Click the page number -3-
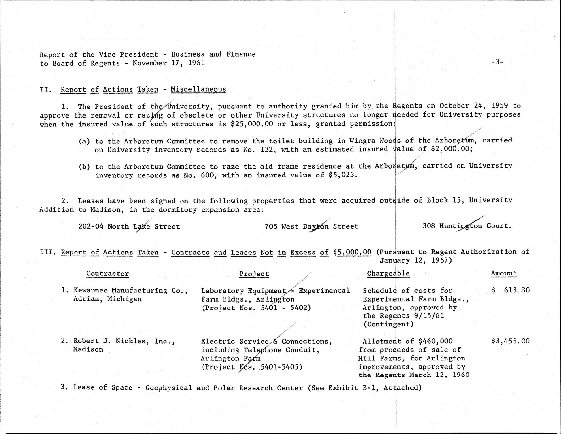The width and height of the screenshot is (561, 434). click(497, 62)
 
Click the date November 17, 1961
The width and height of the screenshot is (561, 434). click(169, 63)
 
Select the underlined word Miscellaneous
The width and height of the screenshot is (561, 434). click(198, 89)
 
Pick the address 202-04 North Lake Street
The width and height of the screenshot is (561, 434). click(129, 226)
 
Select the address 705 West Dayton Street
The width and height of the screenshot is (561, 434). click(311, 226)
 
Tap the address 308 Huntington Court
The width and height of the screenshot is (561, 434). click(467, 226)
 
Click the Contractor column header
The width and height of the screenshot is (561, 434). click(108, 274)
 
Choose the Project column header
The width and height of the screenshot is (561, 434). click(254, 274)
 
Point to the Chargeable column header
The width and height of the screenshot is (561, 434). click(388, 273)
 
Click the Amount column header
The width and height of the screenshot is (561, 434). click(503, 273)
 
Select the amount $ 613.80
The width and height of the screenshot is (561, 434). click(510, 290)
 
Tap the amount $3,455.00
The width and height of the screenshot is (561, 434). click(510, 341)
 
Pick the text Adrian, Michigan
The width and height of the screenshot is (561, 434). click(107, 299)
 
